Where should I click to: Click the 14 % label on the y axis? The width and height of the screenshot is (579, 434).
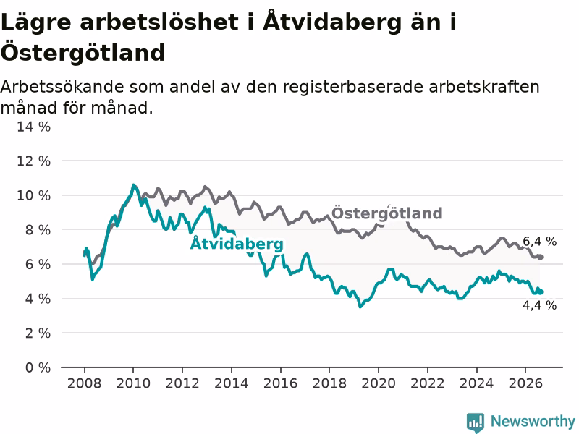(x=33, y=127)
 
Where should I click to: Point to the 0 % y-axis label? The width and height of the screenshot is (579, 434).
(x=38, y=367)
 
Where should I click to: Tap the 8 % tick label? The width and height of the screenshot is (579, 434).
(x=38, y=230)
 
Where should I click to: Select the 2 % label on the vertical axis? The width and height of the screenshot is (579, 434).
(x=38, y=333)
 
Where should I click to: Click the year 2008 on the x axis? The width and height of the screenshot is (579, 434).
(x=84, y=383)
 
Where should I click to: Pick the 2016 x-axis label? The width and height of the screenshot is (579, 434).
(x=280, y=383)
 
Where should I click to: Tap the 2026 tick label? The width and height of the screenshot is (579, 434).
(x=525, y=383)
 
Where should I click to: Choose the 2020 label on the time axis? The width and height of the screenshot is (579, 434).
(x=379, y=383)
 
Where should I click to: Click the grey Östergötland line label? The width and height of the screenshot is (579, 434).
(x=386, y=213)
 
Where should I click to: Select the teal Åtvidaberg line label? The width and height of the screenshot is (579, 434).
(x=237, y=244)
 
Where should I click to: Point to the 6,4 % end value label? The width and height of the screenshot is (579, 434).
(x=539, y=242)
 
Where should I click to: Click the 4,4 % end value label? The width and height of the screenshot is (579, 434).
(x=539, y=305)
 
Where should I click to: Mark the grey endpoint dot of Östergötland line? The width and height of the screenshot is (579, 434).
(x=540, y=258)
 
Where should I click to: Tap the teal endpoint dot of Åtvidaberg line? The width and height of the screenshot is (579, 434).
(x=540, y=292)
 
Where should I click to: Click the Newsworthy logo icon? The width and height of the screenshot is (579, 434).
(x=476, y=422)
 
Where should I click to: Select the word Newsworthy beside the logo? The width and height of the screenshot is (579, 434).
(x=533, y=421)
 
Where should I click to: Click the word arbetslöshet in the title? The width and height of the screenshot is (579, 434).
(x=159, y=22)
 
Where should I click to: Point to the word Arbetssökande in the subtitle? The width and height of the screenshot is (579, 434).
(x=62, y=87)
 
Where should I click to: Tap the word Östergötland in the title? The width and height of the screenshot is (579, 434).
(x=83, y=52)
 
